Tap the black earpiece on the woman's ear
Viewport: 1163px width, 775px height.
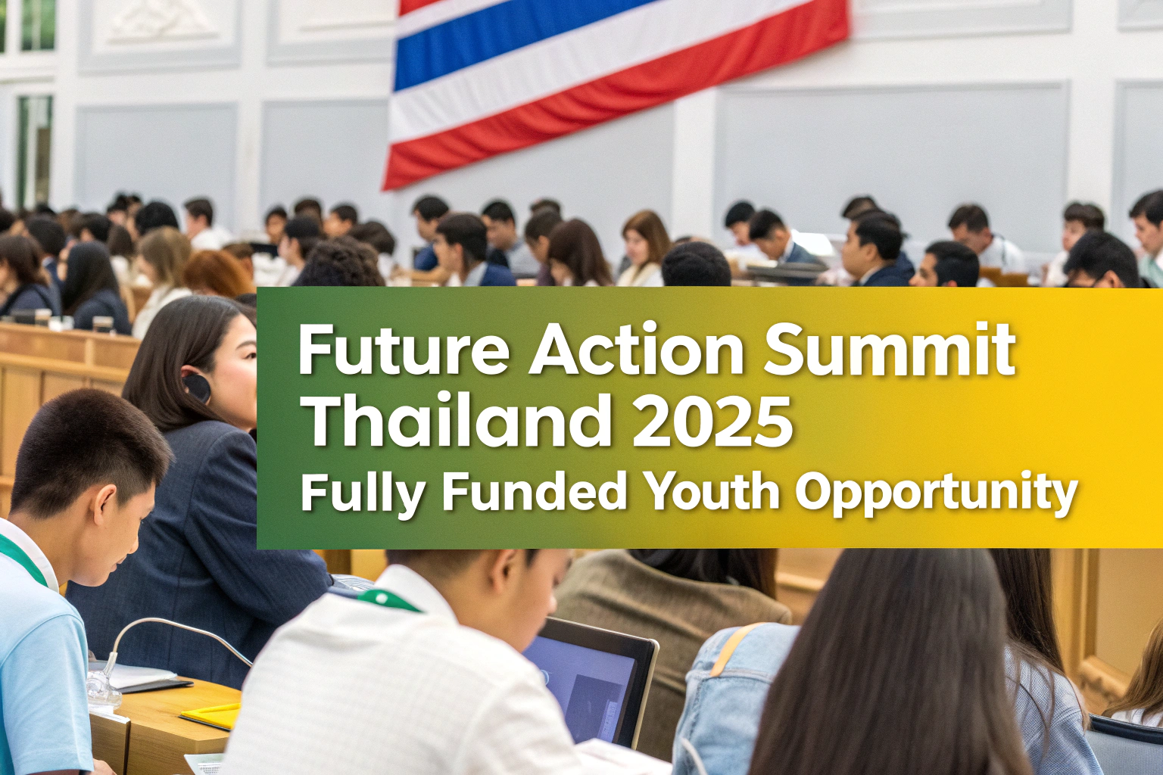click(197, 387)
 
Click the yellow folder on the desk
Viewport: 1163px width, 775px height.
click(210, 716)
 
